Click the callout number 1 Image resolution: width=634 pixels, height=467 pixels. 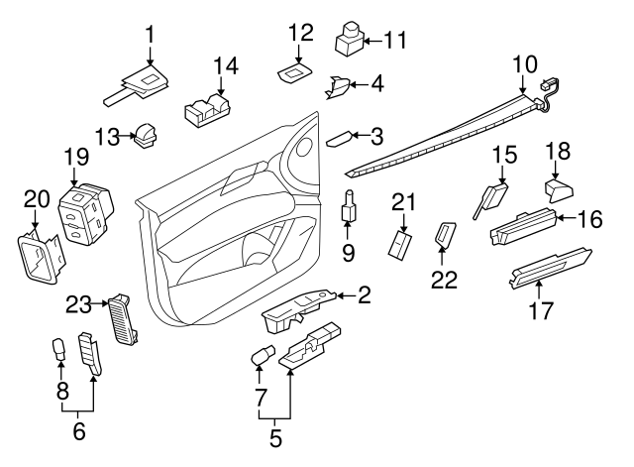150,34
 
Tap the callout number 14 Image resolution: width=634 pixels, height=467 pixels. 226,66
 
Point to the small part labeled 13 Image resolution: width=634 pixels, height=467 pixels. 148,134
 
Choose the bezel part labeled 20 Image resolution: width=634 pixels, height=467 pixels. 37,256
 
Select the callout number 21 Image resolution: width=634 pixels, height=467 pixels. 400,202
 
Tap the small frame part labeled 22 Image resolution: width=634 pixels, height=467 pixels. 445,236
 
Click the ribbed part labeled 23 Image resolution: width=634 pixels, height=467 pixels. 125,319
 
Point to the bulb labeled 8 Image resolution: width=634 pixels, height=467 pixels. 57,349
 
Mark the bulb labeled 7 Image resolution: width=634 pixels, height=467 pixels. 263,354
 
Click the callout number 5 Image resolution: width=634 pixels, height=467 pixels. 276,433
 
